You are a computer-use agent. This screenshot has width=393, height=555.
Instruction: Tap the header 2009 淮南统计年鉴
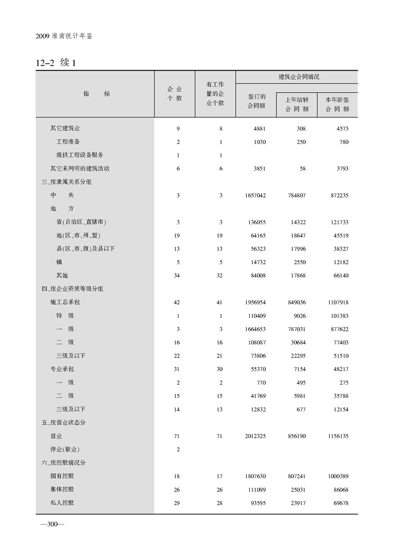point(64,37)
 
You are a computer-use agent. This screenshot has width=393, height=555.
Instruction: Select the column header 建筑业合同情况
point(296,77)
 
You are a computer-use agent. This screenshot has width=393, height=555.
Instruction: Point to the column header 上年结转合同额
point(297,104)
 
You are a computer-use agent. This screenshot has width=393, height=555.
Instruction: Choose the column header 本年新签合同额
point(337,104)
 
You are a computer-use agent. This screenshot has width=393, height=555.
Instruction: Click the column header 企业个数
point(174,94)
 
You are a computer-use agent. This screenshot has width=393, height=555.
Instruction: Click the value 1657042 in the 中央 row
point(255,196)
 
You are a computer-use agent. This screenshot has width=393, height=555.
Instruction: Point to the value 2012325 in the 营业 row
point(255,436)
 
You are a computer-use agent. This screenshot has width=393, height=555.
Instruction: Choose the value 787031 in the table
point(296,329)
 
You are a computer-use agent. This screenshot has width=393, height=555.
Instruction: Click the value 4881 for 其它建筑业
point(259,129)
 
